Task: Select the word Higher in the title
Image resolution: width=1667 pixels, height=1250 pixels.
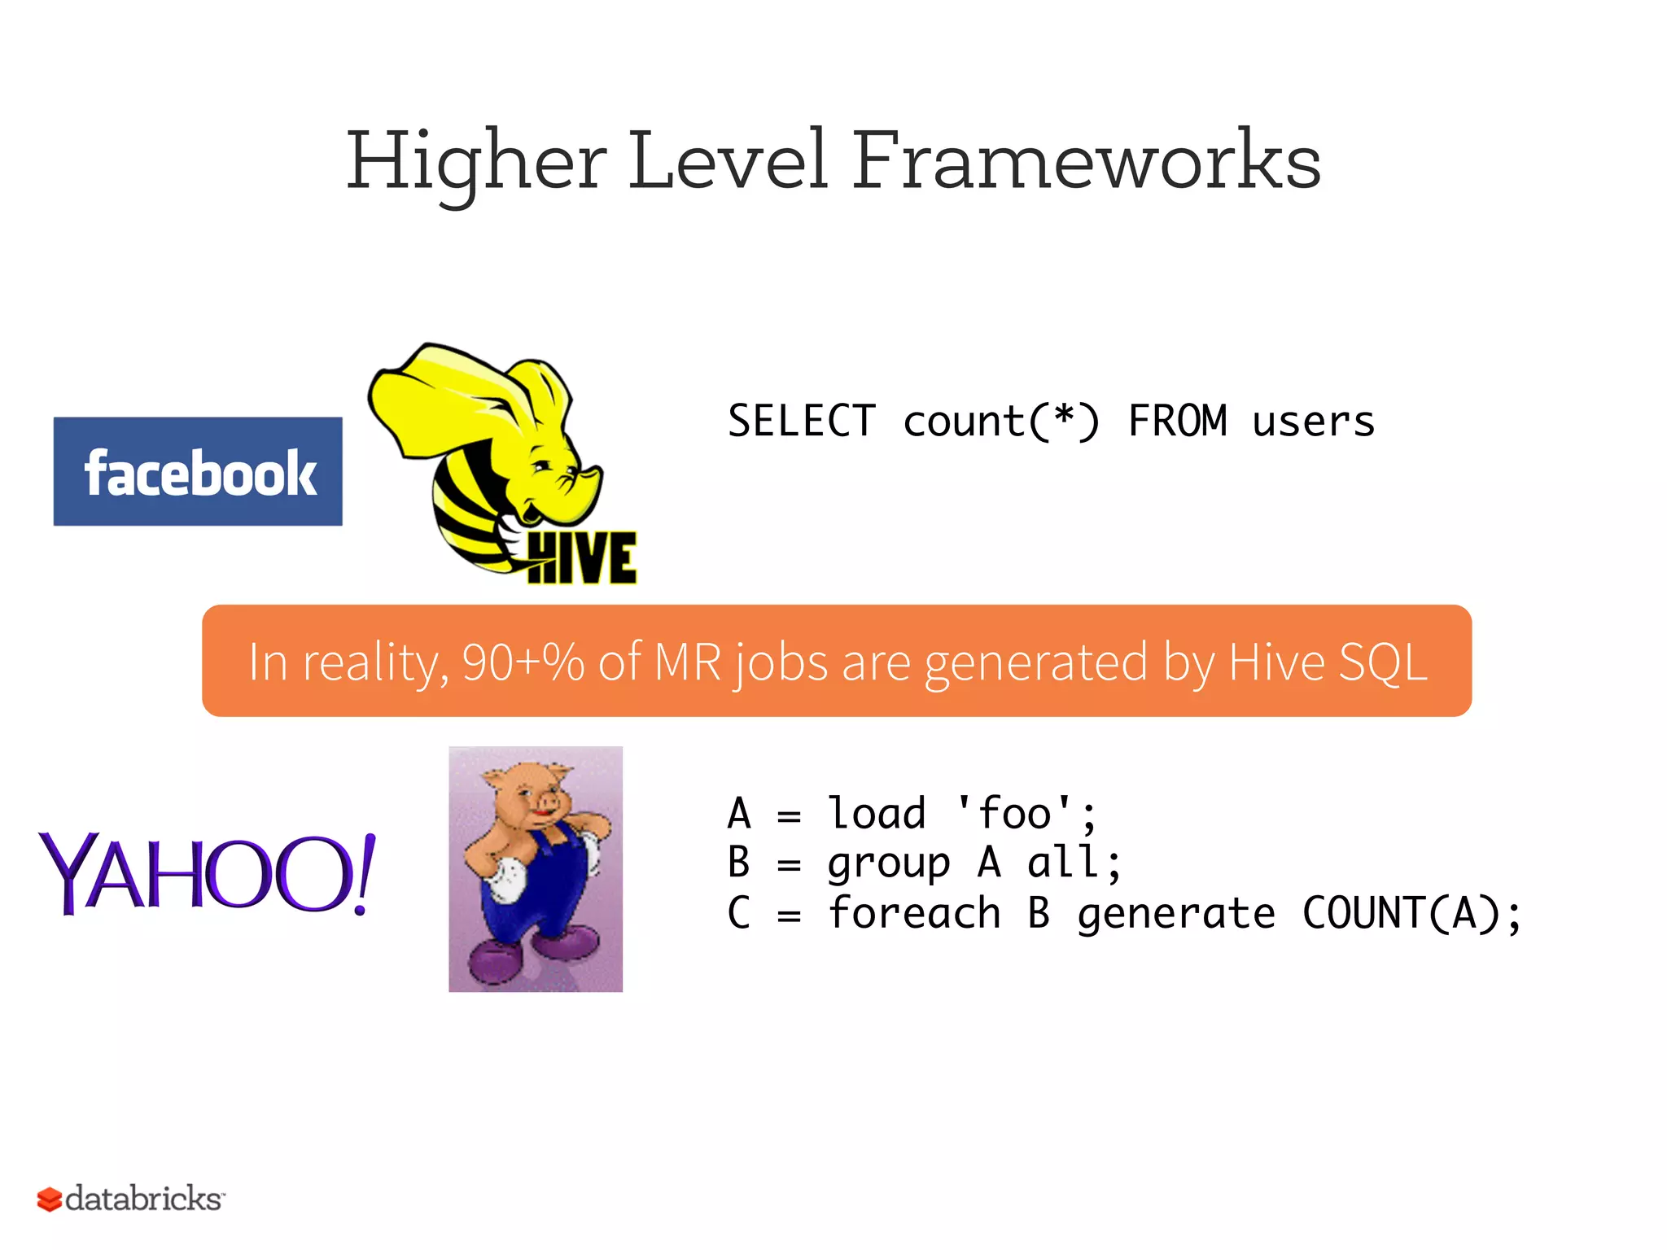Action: click(x=476, y=163)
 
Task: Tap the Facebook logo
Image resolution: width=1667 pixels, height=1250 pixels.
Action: click(x=198, y=472)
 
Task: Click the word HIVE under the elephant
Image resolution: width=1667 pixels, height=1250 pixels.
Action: click(x=582, y=559)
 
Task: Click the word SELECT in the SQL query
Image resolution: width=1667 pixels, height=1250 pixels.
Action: click(x=801, y=422)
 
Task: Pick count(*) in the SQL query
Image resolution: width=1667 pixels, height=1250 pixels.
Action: click(x=1000, y=422)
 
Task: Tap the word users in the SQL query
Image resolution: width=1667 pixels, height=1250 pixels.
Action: click(x=1313, y=422)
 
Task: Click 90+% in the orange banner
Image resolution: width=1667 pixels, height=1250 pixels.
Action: click(x=523, y=662)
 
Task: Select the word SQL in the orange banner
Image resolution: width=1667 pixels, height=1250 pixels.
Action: click(x=1383, y=662)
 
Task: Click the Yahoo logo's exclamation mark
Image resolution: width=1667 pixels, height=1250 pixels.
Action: click(x=364, y=875)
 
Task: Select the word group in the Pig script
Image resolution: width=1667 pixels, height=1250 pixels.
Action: click(x=888, y=863)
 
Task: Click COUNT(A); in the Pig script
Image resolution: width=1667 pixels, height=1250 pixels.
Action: click(x=1411, y=913)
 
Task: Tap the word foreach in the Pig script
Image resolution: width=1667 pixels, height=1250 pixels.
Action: click(x=913, y=913)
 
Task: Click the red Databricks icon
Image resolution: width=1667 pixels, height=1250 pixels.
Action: click(x=49, y=1200)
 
